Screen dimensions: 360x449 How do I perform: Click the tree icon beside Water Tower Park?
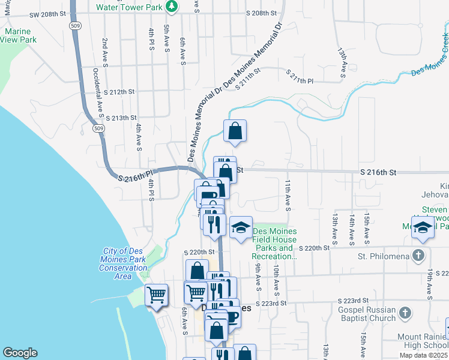172,6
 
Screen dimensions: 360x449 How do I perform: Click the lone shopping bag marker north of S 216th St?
235,131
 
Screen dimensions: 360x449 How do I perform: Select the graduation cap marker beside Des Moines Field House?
241,228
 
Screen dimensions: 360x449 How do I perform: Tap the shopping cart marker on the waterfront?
156,295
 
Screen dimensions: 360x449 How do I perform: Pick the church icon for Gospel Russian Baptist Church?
406,313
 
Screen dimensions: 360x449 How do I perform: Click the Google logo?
20,353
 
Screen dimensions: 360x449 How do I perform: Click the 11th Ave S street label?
288,195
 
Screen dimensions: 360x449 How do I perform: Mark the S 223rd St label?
271,304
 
